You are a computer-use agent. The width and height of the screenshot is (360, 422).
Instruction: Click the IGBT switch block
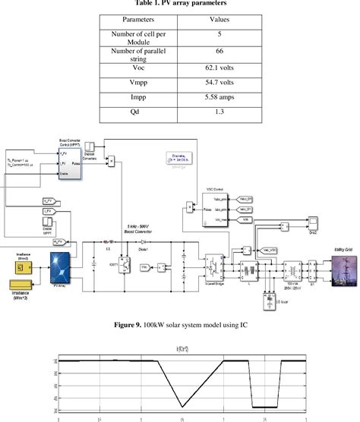click(124, 266)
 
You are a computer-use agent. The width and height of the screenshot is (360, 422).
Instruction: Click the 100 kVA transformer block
click(287, 267)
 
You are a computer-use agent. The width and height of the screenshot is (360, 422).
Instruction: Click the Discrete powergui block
click(178, 161)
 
